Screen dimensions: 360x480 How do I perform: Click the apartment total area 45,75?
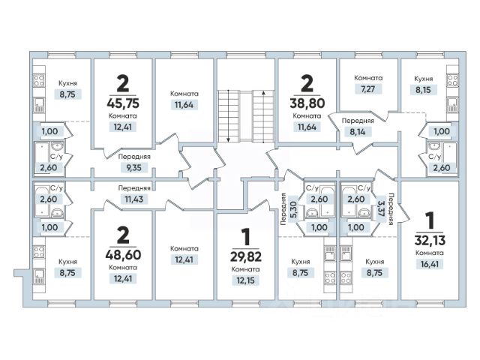point(121,103)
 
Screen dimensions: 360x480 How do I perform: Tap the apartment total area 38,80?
point(305,102)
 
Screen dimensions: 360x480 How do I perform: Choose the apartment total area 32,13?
point(430,240)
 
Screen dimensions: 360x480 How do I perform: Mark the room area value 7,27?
point(370,90)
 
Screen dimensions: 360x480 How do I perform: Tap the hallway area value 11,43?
point(136,200)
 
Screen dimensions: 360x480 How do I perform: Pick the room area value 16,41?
point(430,264)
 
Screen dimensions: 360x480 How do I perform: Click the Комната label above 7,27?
point(370,77)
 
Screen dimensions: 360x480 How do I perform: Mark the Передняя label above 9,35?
point(136,157)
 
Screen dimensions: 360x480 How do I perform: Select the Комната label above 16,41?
point(430,253)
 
